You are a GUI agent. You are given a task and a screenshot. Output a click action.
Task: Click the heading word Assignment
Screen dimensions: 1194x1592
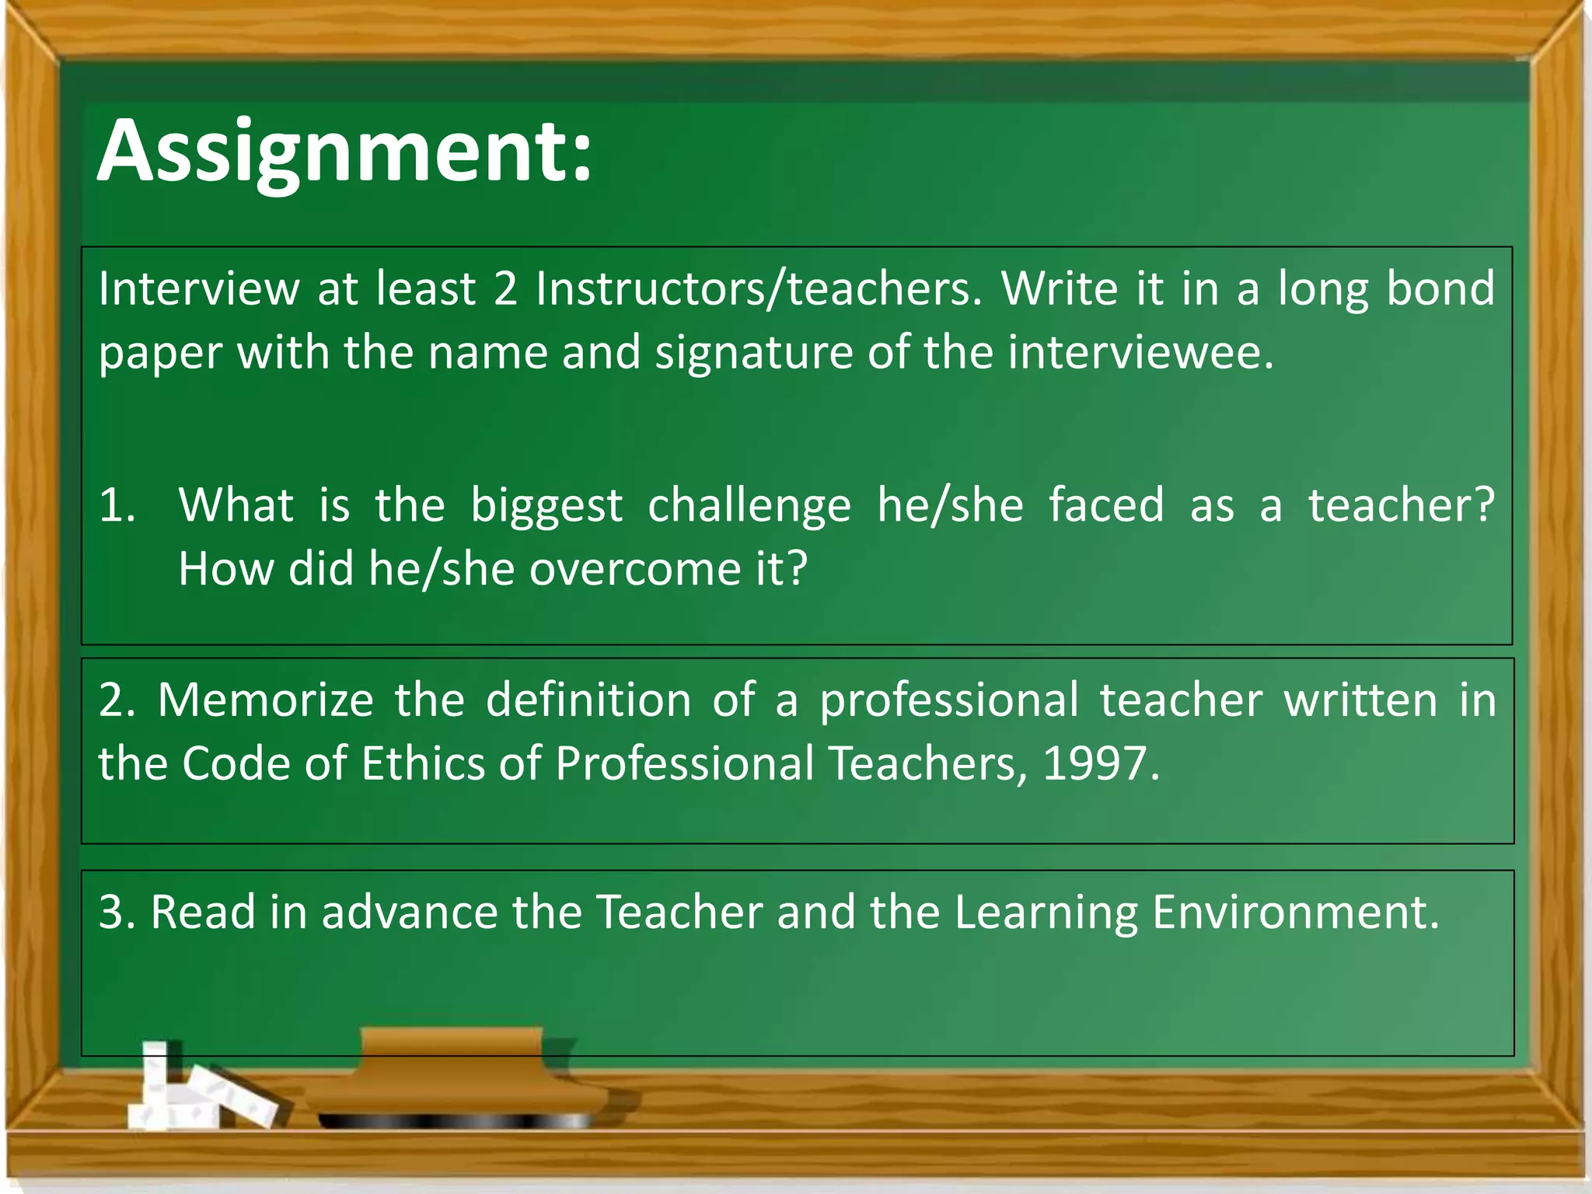pyautogui.click(x=344, y=152)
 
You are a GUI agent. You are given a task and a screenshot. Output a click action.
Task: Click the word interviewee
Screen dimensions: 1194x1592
pyautogui.click(x=1140, y=353)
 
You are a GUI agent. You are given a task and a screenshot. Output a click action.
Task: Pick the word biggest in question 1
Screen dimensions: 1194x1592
pyautogui.click(x=546, y=505)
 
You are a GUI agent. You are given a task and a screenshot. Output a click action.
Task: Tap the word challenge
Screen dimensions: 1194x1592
pyautogui.click(x=749, y=505)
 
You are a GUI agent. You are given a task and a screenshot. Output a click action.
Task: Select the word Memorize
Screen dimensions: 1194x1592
pyautogui.click(x=266, y=700)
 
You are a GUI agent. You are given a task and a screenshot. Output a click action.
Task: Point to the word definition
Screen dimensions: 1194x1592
pyautogui.click(x=588, y=700)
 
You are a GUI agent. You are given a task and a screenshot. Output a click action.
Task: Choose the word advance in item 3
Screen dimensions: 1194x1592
pyautogui.click(x=409, y=912)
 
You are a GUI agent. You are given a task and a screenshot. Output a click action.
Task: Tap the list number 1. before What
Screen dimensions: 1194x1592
pyautogui.click(x=117, y=505)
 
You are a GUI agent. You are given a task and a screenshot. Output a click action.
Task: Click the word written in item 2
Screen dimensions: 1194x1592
pyautogui.click(x=1360, y=700)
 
